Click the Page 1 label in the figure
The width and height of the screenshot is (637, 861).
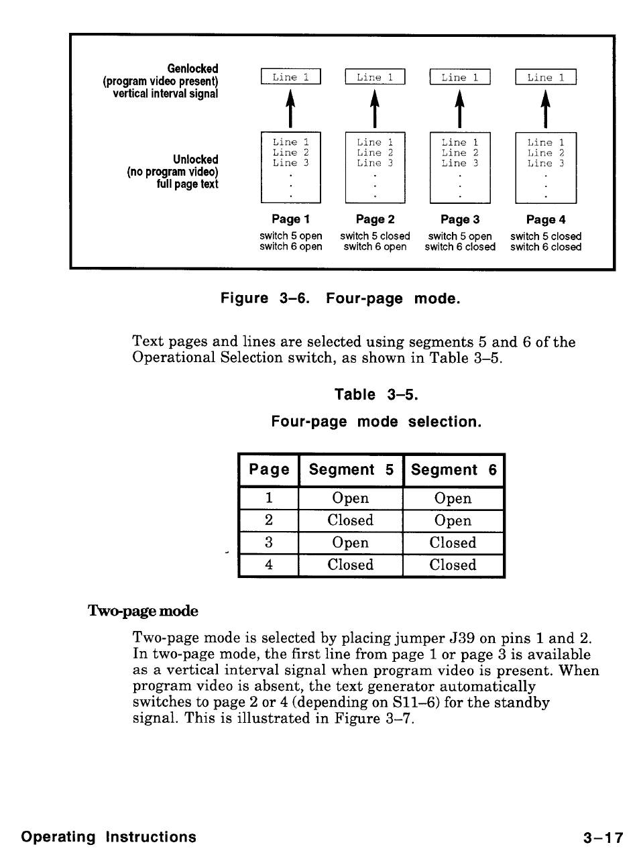[x=290, y=219]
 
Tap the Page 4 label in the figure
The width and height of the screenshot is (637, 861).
[x=546, y=219]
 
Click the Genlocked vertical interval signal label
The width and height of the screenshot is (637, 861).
[x=160, y=81]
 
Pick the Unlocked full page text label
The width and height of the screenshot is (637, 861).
[x=172, y=172]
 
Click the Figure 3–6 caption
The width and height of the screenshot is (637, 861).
[x=341, y=298]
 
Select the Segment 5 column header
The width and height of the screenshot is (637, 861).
[x=351, y=470]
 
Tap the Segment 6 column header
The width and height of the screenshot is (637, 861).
[x=453, y=470]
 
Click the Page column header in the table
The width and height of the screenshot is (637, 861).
[x=269, y=470]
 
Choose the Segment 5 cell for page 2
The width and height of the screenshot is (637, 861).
[x=351, y=520]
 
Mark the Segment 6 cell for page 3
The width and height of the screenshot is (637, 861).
[x=453, y=542]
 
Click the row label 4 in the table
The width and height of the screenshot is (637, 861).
[x=269, y=565]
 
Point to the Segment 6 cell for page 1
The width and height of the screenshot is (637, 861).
[x=453, y=498]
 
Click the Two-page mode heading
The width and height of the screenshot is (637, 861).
[x=143, y=611]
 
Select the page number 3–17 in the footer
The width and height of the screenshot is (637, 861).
[x=603, y=838]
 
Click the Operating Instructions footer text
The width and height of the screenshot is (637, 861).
[x=109, y=837]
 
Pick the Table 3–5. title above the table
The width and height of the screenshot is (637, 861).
[x=376, y=395]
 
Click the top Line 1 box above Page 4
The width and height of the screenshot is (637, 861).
[x=546, y=77]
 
